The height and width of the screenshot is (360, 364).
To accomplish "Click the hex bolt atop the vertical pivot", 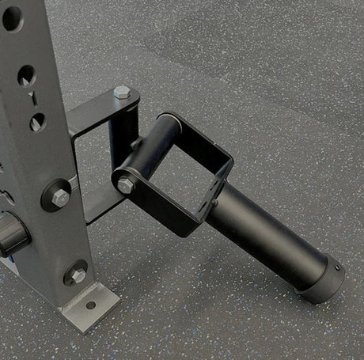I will [121, 93].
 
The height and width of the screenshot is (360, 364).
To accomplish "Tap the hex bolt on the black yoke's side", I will [126, 185].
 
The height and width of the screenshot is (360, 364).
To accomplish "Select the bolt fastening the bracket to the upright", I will [60, 196].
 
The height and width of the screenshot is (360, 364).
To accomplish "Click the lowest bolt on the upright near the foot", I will [77, 274].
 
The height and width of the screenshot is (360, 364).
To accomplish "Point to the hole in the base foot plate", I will [91, 305].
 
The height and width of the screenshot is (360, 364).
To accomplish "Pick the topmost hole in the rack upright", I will [12, 17].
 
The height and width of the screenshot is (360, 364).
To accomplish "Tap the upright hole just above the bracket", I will [37, 121].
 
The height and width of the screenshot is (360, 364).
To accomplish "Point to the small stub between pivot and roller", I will [136, 145].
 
